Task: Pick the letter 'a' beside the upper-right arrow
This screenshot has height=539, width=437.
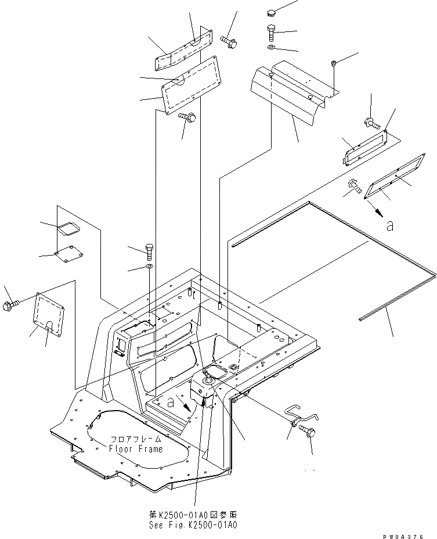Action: [391, 225]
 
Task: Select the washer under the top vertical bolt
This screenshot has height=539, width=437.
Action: [272, 46]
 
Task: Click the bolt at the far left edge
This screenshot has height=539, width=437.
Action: [12, 304]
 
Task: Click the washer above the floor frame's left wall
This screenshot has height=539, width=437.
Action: [149, 267]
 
